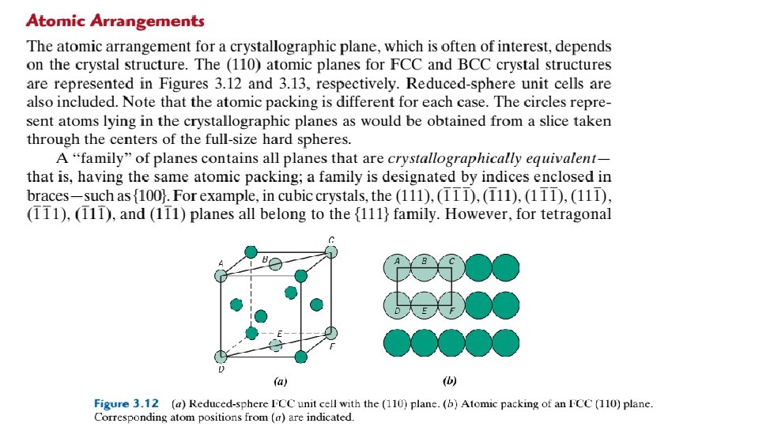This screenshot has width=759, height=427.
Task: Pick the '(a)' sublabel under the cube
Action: point(280,380)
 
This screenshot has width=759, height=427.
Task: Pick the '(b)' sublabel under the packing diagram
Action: point(450,380)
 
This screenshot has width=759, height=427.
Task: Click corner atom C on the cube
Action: point(331,252)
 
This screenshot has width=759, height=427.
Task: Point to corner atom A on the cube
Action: point(221,275)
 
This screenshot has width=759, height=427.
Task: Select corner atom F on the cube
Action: point(331,333)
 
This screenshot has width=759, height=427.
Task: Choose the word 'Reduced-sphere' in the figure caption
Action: point(224,403)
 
